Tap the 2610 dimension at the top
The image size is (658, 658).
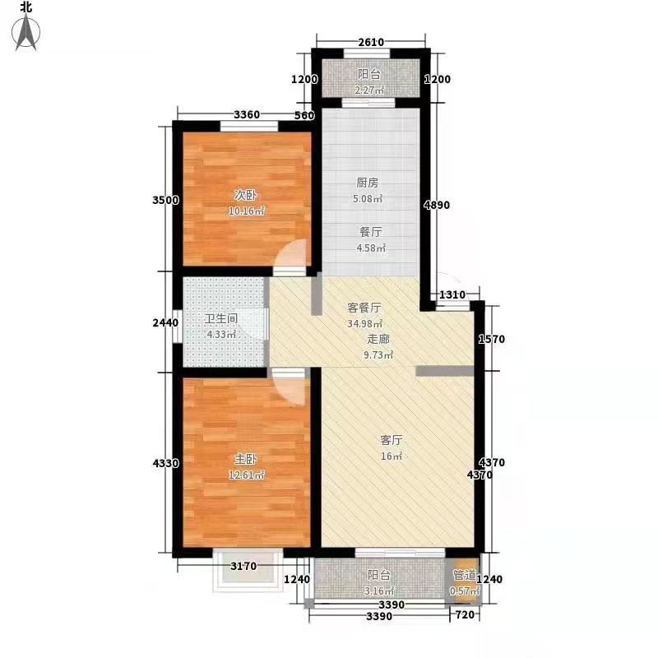pyautogui.click(x=371, y=43)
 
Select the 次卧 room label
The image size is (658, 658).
pyautogui.click(x=245, y=195)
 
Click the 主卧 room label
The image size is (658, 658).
pyautogui.click(x=245, y=459)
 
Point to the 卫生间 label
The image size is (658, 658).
pyautogui.click(x=221, y=318)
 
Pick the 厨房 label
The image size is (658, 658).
pyautogui.click(x=367, y=183)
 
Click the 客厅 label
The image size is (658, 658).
pyautogui.click(x=392, y=440)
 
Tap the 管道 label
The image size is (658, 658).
pyautogui.click(x=465, y=575)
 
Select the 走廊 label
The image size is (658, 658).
pyautogui.click(x=378, y=339)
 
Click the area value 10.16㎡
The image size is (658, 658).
pyautogui.click(x=246, y=211)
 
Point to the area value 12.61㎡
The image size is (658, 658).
pyautogui.click(x=246, y=475)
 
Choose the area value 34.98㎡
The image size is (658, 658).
pyautogui.click(x=364, y=323)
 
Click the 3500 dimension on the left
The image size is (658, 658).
pyautogui.click(x=165, y=200)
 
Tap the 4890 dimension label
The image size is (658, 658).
pyautogui.click(x=437, y=205)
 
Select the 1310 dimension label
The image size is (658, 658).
pyautogui.click(x=452, y=294)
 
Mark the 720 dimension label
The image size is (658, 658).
pyautogui.click(x=465, y=614)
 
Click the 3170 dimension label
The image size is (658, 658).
pyautogui.click(x=243, y=566)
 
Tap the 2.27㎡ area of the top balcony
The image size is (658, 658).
pyautogui.click(x=369, y=90)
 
